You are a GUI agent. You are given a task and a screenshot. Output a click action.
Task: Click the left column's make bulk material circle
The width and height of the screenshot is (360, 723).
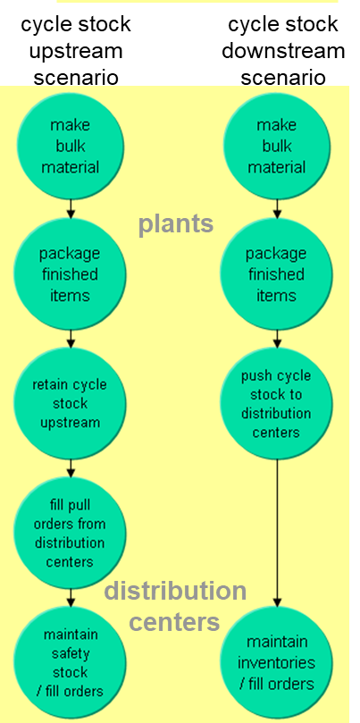point(70,147)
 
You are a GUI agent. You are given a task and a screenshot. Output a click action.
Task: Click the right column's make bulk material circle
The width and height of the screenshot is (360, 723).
point(276,147)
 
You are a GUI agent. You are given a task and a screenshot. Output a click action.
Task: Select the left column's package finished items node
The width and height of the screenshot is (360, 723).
point(70,274)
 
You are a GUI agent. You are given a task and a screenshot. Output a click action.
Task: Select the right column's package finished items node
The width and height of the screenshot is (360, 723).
point(276,274)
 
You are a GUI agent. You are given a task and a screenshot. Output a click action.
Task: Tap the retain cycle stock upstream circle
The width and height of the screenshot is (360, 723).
point(70,403)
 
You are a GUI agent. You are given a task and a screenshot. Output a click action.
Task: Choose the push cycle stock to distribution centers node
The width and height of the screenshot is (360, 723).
point(276,403)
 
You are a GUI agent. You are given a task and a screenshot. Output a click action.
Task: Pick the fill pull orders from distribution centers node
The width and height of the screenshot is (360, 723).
point(70,533)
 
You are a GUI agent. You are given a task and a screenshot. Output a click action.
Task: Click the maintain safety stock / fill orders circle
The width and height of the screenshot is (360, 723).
point(70,662)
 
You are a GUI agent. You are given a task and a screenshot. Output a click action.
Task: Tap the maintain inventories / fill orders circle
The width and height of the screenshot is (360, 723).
point(276,662)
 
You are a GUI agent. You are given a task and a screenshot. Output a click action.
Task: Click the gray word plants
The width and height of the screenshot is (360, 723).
point(175,223)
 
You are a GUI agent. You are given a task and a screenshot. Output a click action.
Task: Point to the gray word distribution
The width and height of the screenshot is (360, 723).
point(175,592)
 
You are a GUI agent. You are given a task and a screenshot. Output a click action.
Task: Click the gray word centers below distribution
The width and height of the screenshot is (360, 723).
point(175,620)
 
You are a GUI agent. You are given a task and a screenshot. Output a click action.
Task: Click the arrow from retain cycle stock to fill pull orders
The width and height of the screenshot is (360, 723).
point(71,468)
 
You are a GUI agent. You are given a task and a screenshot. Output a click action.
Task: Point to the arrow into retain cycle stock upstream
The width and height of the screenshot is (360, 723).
point(71,339)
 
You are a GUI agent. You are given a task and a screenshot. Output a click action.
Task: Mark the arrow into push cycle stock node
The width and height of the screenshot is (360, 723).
point(277,339)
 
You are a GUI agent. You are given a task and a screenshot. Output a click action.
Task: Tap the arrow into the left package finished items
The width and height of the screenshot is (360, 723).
point(71,210)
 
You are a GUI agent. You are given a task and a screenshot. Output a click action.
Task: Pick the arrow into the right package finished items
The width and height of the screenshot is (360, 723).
point(277,210)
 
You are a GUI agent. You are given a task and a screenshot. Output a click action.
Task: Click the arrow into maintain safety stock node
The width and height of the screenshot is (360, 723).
point(71,597)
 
